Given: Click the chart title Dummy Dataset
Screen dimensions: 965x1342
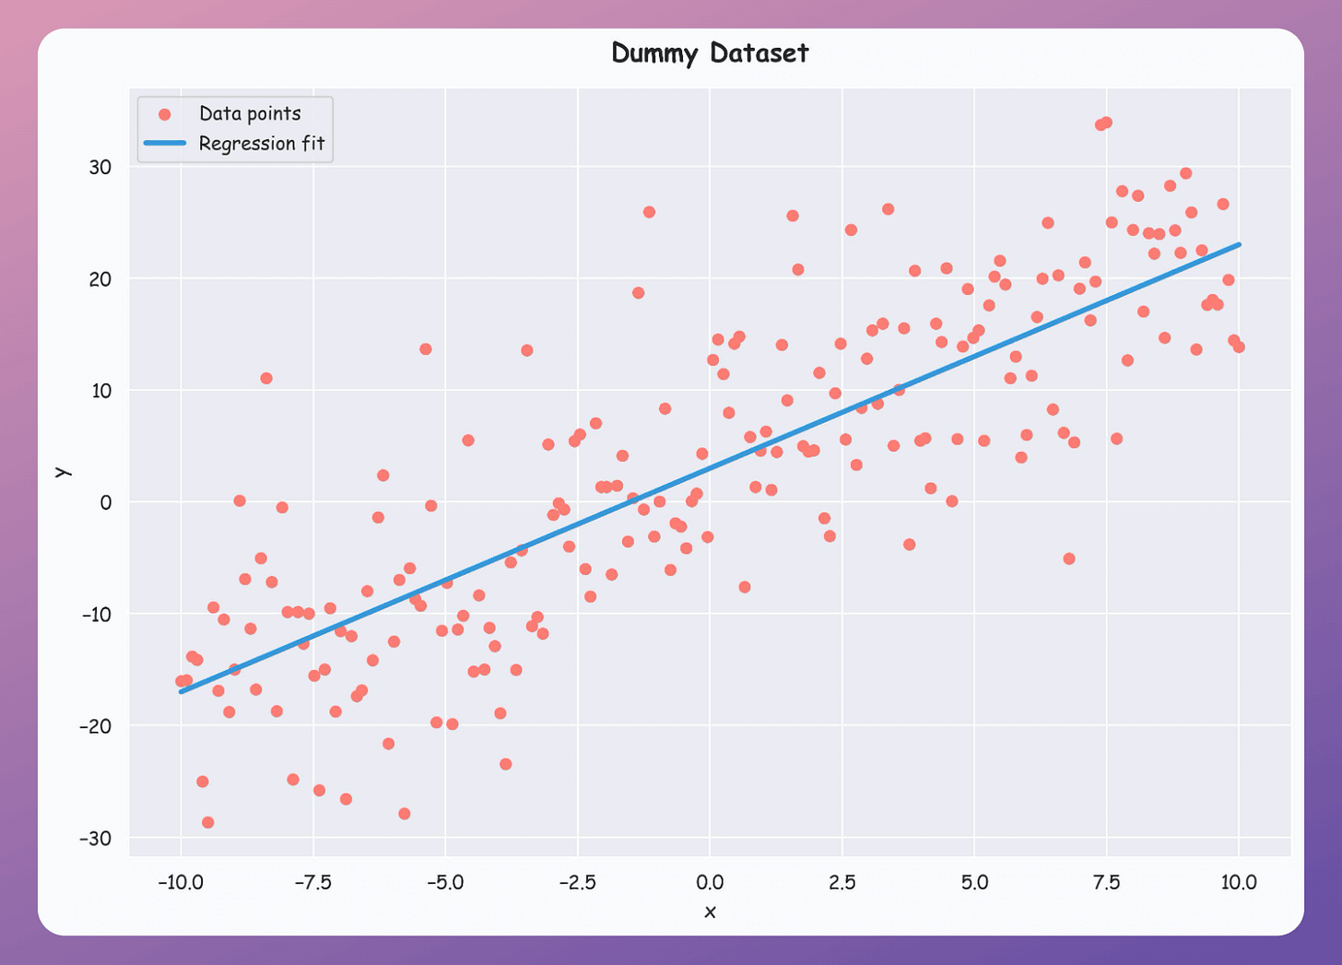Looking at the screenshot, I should tap(710, 53).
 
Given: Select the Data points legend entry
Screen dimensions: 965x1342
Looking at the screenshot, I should tap(250, 113).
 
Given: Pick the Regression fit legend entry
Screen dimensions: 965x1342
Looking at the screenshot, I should tap(262, 144).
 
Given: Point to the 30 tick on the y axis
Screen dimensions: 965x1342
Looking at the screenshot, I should tap(100, 167).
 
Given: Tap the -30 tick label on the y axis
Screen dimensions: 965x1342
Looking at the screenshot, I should tap(95, 838).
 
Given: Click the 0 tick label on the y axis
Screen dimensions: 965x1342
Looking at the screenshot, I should tap(106, 502).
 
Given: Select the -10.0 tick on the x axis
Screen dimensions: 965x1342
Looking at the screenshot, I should tap(181, 882).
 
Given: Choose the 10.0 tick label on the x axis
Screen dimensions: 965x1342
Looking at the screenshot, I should tap(1239, 882).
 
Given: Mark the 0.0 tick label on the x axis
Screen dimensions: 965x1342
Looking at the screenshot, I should tap(710, 882).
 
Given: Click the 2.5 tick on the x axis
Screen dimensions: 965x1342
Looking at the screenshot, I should tap(842, 882).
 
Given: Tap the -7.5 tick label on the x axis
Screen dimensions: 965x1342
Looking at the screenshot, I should tap(313, 882).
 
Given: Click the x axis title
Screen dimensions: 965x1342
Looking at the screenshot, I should tap(710, 912).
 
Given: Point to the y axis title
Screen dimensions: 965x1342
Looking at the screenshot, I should tap(62, 471).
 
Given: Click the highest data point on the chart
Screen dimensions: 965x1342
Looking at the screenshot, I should tap(1106, 123).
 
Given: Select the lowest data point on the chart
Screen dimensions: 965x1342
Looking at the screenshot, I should tap(208, 822).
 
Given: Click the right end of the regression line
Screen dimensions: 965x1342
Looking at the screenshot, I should tap(1239, 244).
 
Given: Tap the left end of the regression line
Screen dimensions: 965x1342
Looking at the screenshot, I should tap(182, 691).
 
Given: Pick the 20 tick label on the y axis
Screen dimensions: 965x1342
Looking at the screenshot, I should tap(100, 278).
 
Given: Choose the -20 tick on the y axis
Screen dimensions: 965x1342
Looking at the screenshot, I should tap(95, 726).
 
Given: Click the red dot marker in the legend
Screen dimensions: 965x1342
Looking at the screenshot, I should tap(165, 114).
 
